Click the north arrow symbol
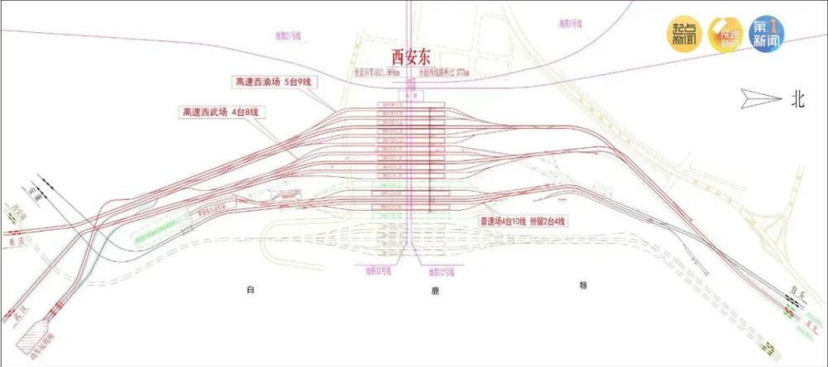pos(761,98)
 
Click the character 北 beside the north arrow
pos(797,99)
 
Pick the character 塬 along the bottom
pos(583,285)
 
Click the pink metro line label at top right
pos(570,24)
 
